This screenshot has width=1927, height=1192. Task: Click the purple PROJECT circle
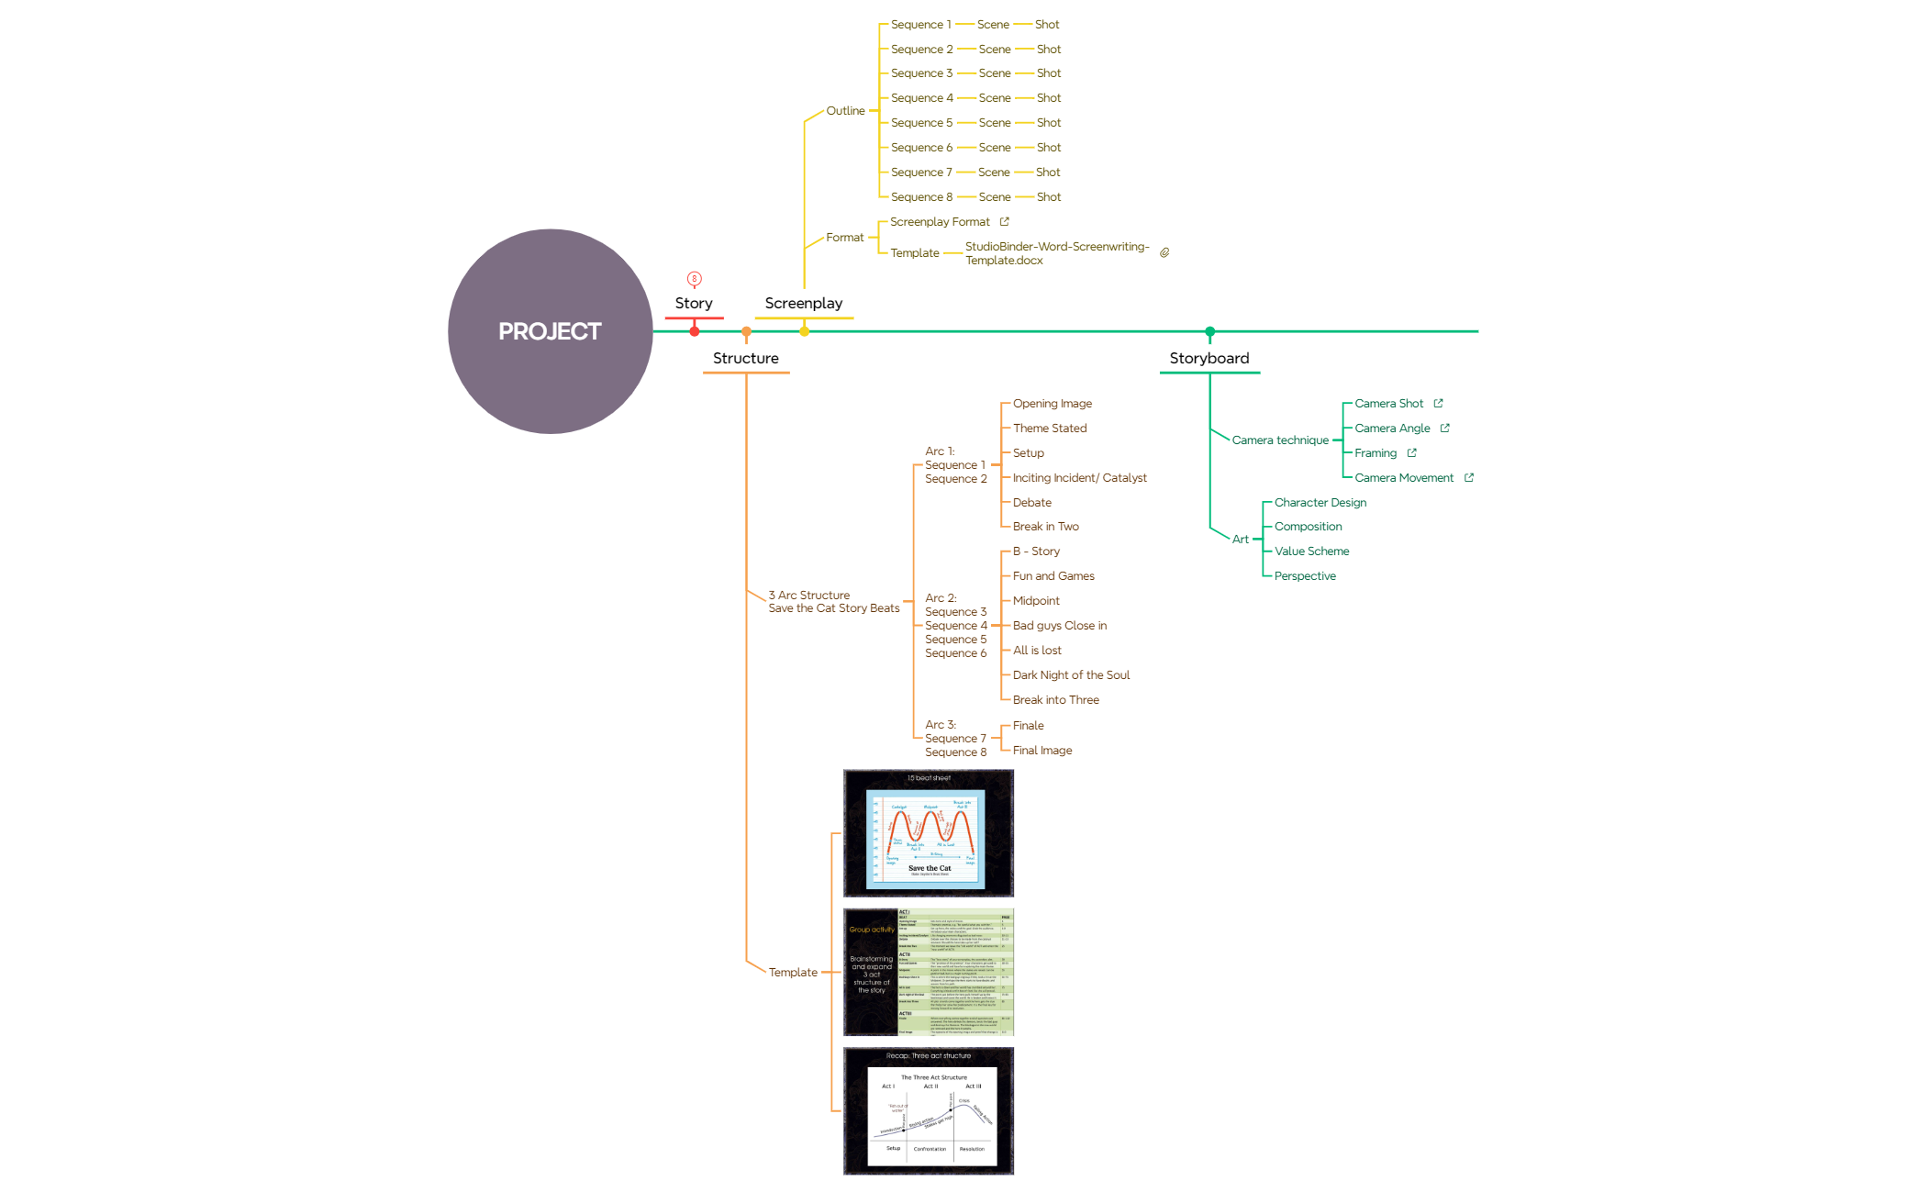pyautogui.click(x=550, y=331)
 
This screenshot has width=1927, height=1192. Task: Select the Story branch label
pyautogui.click(x=694, y=303)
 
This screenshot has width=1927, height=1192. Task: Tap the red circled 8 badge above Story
pyautogui.click(x=695, y=279)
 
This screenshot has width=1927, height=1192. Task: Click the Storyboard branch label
pyautogui.click(x=1209, y=358)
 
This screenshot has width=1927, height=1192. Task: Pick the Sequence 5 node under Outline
pyautogui.click(x=921, y=123)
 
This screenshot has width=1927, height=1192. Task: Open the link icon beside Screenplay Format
pyautogui.click(x=1005, y=222)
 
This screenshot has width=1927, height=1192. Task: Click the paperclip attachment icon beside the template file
pyautogui.click(x=1164, y=253)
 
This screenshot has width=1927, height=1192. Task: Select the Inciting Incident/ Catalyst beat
pyautogui.click(x=1079, y=478)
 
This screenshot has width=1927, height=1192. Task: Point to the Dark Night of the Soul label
pyautogui.click(x=1071, y=675)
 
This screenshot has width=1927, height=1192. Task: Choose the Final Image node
pyautogui.click(x=1042, y=751)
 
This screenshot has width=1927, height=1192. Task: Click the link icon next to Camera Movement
pyautogui.click(x=1469, y=478)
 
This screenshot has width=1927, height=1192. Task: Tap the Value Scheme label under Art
pyautogui.click(x=1311, y=551)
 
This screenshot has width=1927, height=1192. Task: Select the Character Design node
pyautogui.click(x=1320, y=503)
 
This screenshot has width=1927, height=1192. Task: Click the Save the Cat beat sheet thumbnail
pyautogui.click(x=929, y=833)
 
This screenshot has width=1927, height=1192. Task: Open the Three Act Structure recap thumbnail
pyautogui.click(x=929, y=1111)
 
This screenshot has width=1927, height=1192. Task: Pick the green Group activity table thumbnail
pyautogui.click(x=929, y=973)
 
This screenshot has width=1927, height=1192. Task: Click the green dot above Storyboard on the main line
pyautogui.click(x=1209, y=331)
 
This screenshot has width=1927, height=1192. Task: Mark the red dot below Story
pyautogui.click(x=695, y=331)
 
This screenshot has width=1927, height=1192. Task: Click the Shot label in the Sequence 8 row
pyautogui.click(x=1049, y=197)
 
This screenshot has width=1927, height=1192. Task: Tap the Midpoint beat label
pyautogui.click(x=1036, y=601)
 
